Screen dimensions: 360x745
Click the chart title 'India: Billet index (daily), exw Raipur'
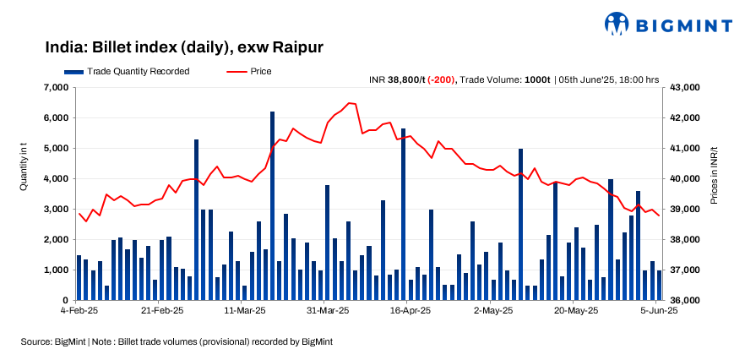[x=183, y=47]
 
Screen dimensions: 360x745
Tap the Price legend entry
[x=250, y=72]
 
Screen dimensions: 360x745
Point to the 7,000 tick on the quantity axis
[x=54, y=87]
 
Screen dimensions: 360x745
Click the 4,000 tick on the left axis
[x=54, y=178]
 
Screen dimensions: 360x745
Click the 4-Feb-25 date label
[x=79, y=311]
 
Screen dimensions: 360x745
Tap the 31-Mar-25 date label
[x=328, y=311]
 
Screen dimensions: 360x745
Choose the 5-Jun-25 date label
[x=658, y=311]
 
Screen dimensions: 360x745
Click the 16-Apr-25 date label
[x=411, y=311]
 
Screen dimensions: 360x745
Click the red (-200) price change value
[x=441, y=79]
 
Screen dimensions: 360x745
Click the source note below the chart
[x=177, y=341]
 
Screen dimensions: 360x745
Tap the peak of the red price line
[x=350, y=103]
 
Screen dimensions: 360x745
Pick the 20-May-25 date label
[x=576, y=311]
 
